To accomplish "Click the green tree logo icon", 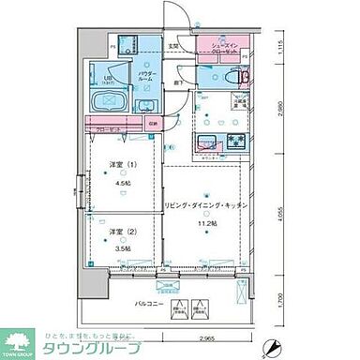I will coord(20,338).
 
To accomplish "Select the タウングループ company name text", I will coord(93,347).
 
